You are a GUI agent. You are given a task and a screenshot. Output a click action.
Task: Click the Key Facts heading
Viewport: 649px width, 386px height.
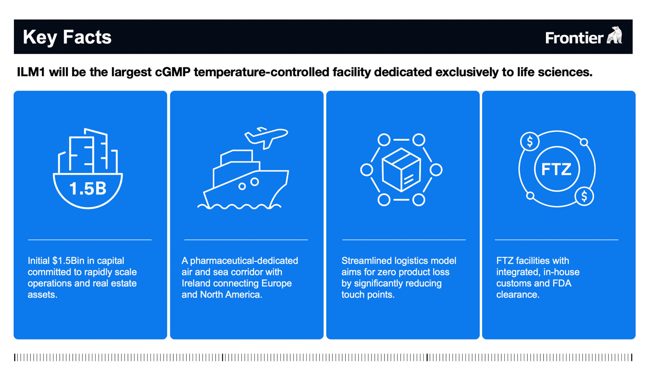(67, 37)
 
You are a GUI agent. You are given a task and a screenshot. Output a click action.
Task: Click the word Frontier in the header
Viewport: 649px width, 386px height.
(574, 38)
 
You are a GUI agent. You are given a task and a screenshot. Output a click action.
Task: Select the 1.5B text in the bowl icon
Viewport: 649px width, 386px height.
(88, 189)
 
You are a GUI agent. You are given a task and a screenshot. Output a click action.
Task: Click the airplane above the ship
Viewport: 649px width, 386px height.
(266, 137)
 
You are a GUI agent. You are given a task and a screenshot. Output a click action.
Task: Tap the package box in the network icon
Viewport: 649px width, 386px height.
(401, 170)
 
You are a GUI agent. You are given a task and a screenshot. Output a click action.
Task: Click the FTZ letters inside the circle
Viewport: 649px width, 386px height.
(556, 169)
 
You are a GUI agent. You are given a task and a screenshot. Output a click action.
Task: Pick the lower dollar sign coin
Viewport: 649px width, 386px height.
(584, 196)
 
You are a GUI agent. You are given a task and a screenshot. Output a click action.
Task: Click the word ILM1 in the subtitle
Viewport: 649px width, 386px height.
(31, 72)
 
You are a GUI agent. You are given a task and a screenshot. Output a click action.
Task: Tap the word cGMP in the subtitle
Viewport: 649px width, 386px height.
(173, 72)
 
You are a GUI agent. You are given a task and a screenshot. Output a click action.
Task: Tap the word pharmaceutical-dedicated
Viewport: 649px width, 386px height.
(244, 261)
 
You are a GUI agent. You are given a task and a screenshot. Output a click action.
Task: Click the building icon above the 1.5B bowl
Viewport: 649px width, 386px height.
(88, 152)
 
